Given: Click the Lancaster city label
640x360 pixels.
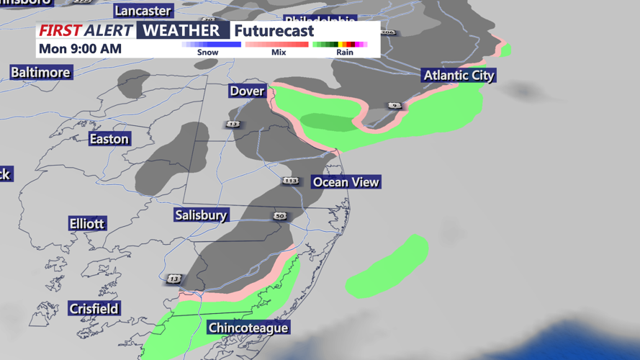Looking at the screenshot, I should [143, 11].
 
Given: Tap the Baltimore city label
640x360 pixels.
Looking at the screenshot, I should [40, 73].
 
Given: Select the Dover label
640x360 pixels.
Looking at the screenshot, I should [247, 91].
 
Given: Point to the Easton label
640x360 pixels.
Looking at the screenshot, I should [109, 139].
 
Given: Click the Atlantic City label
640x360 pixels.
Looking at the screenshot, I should [459, 76].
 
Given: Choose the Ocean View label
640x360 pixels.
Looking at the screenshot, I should [346, 182].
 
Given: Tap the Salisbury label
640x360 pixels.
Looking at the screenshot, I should [201, 215].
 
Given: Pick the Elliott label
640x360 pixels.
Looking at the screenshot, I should [87, 223].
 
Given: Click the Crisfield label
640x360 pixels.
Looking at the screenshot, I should [94, 308].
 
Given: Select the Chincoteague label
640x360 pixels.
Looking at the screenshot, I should [248, 328].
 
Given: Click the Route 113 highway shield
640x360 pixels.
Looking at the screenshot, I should [290, 181].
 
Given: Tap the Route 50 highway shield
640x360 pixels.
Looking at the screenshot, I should [280, 216].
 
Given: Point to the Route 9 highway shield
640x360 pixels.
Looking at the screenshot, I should [395, 106].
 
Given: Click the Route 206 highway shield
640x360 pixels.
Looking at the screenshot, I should [388, 32].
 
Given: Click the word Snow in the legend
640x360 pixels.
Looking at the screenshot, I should [208, 53].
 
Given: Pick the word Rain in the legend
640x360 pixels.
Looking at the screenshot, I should [345, 53].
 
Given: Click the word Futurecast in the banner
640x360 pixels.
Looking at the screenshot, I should [274, 31].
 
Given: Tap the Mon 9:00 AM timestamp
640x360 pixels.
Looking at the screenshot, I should [81, 49].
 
